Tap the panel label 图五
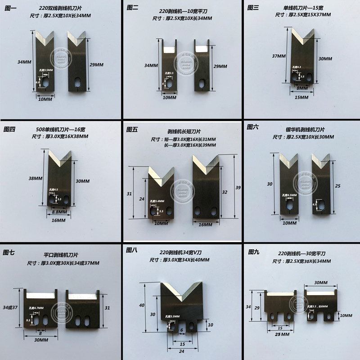point(132,130)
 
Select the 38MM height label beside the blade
point(36,178)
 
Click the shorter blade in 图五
point(161,194)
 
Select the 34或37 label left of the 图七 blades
point(10,307)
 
